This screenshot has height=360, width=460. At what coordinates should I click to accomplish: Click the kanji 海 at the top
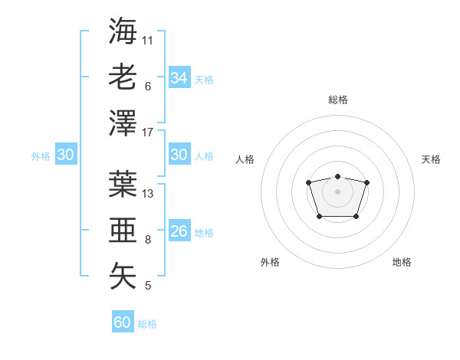click(x=123, y=31)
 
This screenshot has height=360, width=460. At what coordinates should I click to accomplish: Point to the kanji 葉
click(x=123, y=183)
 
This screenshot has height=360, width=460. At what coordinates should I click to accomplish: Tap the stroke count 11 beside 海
click(x=148, y=40)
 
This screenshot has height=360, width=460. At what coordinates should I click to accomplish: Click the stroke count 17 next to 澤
click(x=148, y=133)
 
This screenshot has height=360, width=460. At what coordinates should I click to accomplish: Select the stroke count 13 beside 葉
click(x=148, y=193)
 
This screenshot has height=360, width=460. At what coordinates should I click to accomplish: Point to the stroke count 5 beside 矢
click(x=148, y=286)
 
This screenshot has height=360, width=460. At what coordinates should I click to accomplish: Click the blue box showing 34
click(x=179, y=78)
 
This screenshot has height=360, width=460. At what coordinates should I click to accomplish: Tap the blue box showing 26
click(x=179, y=231)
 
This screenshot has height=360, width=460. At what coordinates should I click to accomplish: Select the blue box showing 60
click(x=123, y=322)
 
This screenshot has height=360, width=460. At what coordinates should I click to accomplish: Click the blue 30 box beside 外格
click(x=65, y=155)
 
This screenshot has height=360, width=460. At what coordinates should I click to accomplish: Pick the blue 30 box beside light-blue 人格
click(x=179, y=155)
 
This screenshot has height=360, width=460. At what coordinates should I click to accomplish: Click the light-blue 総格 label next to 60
click(x=147, y=324)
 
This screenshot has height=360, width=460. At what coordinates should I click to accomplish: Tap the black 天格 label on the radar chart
click(x=431, y=159)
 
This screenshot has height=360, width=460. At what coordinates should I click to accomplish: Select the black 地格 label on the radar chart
click(x=402, y=262)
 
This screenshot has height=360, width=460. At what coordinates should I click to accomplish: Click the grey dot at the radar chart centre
click(x=337, y=191)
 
